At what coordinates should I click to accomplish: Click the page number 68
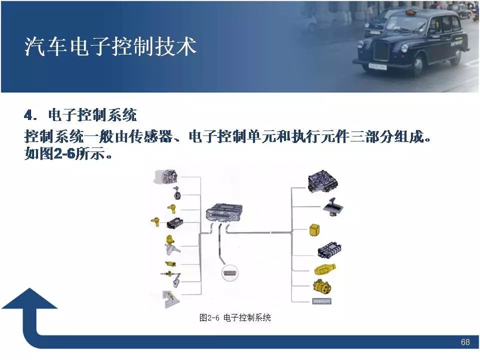point(465,342)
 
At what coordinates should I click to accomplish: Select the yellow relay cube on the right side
point(315,230)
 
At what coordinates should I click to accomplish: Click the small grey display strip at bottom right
point(321,301)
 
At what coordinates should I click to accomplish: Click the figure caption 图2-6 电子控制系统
point(235,317)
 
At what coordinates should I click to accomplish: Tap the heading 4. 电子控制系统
point(80,116)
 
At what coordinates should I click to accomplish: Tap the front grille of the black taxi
point(381,49)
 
